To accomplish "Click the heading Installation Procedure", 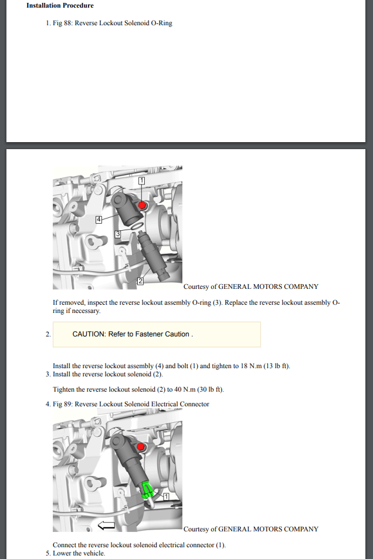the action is pyautogui.click(x=60, y=5).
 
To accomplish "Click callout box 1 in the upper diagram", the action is pyautogui.click(x=141, y=181).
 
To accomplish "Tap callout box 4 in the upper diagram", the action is pyautogui.click(x=99, y=220).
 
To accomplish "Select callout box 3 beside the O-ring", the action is pyautogui.click(x=118, y=234).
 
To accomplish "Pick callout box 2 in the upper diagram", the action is pyautogui.click(x=140, y=281).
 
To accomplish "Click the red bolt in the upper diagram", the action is pyautogui.click(x=142, y=205).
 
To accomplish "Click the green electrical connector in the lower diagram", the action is pyautogui.click(x=147, y=489).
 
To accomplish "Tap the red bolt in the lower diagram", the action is pyautogui.click(x=141, y=446).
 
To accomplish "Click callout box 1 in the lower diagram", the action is pyautogui.click(x=166, y=496).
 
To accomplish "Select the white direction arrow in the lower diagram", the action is pyautogui.click(x=106, y=525).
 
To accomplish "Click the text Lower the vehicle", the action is pyautogui.click(x=79, y=553).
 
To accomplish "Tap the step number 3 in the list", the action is pyautogui.click(x=48, y=375).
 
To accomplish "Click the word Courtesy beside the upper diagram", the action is pyautogui.click(x=196, y=287).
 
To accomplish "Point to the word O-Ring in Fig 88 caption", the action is pyautogui.click(x=162, y=23).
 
